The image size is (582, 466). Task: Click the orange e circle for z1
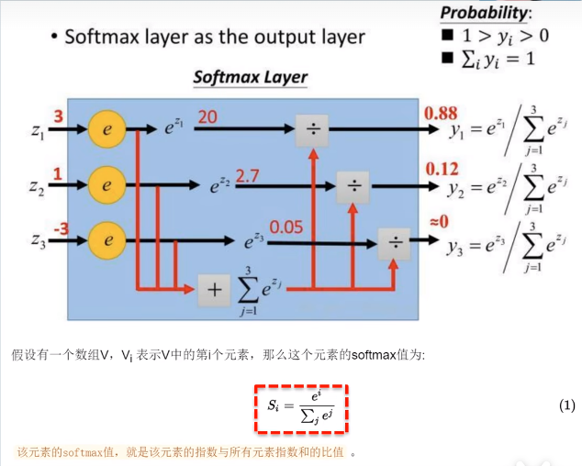tap(106, 130)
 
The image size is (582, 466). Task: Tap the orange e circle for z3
tap(106, 241)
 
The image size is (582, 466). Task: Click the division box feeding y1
tap(312, 130)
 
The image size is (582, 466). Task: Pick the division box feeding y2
tap(353, 186)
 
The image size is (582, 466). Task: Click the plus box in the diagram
tap(214, 291)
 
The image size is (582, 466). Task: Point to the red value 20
tap(207, 117)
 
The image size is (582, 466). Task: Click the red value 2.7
tap(249, 174)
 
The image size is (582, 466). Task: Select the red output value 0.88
tap(441, 114)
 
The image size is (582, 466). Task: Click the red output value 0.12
tap(441, 170)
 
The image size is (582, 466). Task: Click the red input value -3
tap(60, 228)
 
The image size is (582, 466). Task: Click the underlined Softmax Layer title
tap(250, 77)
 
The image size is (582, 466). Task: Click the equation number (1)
tap(566, 405)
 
